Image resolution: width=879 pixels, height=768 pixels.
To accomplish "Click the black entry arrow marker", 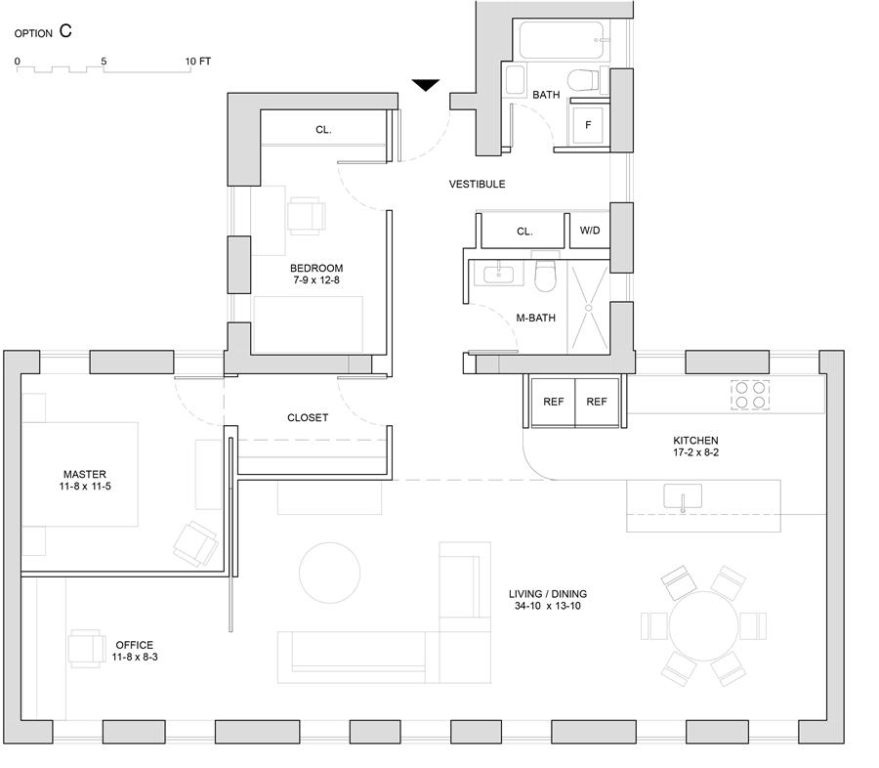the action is coord(426,85).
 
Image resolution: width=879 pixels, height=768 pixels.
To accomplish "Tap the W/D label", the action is coord(590,232).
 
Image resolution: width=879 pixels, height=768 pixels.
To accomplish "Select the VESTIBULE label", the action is coord(477,184).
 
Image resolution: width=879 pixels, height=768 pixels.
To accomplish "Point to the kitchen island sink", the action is coord(683,498).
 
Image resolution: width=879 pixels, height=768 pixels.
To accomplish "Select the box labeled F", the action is coord(588,125).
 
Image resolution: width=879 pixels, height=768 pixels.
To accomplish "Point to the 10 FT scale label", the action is coord(198,61).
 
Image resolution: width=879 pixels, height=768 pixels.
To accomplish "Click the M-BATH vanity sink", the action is coord(499,273).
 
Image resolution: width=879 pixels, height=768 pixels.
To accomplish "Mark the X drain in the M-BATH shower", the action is coord(589,307).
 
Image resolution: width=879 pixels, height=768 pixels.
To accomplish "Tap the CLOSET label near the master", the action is coord(308,417).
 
